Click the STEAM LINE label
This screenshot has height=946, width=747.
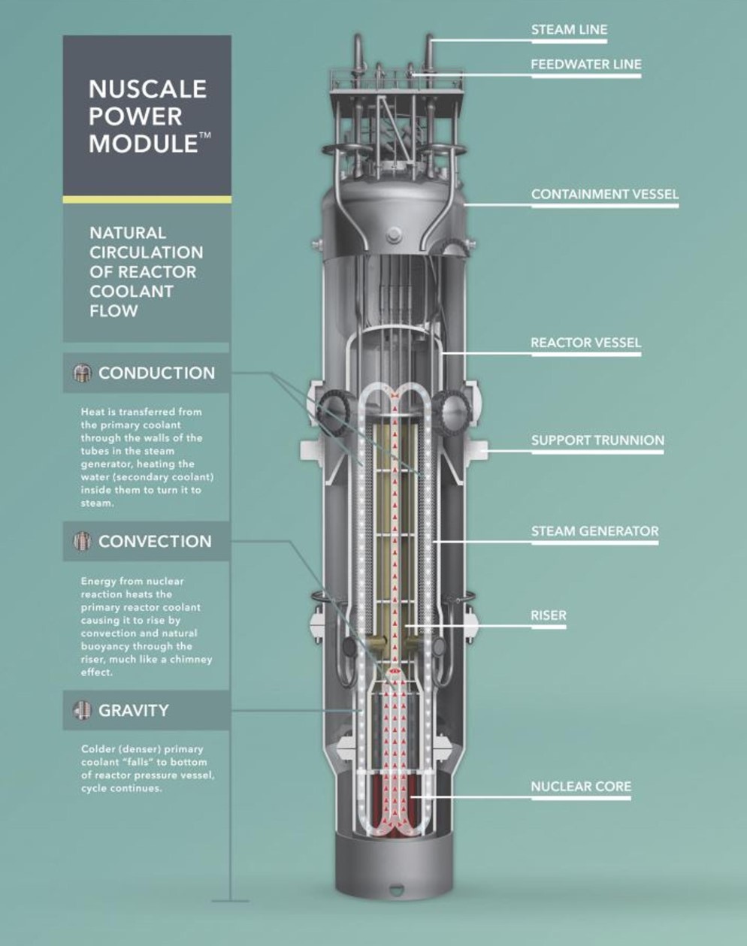coord(569,30)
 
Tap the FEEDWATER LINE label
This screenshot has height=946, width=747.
coord(586,65)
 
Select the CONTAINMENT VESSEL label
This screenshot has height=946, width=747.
coord(604,194)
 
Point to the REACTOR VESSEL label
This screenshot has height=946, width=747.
coord(585,343)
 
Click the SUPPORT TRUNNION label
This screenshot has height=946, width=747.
coord(597,440)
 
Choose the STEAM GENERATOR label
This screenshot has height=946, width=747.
coord(595,531)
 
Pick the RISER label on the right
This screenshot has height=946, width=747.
coord(549,615)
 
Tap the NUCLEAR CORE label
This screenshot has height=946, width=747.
coord(581,787)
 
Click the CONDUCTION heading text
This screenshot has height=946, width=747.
coord(156,373)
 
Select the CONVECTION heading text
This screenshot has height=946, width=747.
coord(155,541)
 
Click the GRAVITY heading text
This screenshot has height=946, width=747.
coord(133,710)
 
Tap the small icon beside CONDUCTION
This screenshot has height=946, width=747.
coord(82,373)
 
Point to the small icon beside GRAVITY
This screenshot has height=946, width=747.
coord(82,710)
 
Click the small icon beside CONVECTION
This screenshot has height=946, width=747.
coord(82,541)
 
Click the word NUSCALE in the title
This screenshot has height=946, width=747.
coord(147,89)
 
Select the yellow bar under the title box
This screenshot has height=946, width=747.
coord(147,200)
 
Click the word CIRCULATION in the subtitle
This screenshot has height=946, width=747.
coord(147,252)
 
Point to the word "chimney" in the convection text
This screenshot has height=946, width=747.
coord(193,660)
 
